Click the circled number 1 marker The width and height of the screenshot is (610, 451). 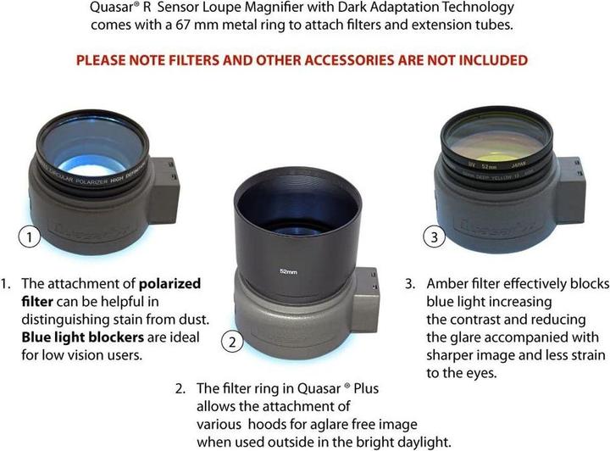point(29,237)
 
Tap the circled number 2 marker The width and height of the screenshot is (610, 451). point(232,342)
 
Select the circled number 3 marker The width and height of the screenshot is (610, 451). point(434,237)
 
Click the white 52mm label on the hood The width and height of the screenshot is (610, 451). point(288,271)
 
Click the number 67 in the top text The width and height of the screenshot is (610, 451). point(182,25)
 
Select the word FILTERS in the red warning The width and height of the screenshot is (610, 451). point(194,60)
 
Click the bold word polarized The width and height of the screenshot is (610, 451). point(169,285)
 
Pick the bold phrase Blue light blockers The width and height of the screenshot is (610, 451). point(82,337)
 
